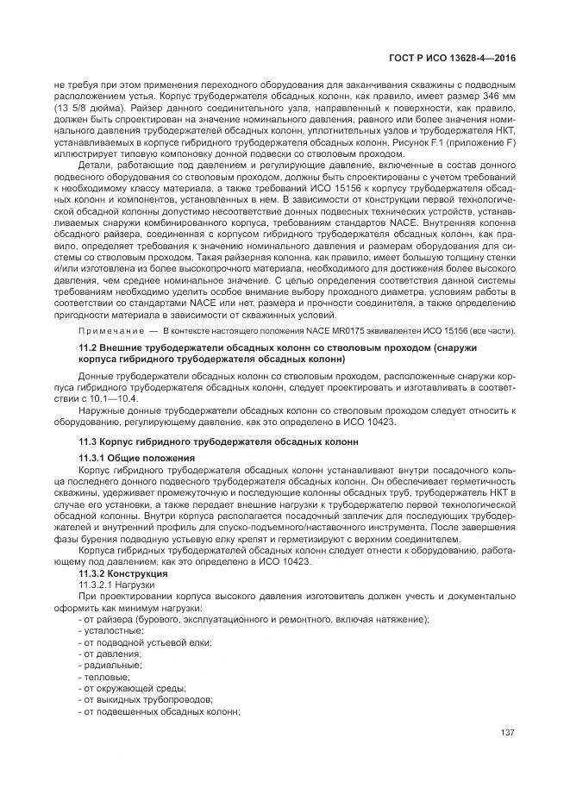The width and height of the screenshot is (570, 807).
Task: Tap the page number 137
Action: coord(507,734)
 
